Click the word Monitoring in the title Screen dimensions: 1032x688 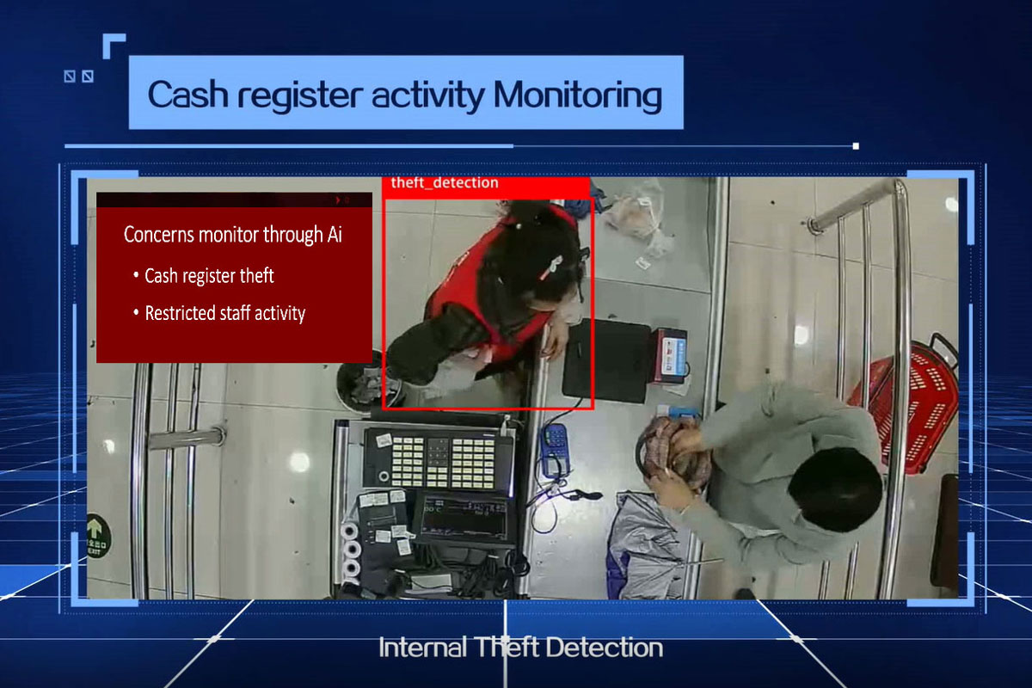pyautogui.click(x=578, y=95)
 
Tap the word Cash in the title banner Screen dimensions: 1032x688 pyautogui.click(x=188, y=95)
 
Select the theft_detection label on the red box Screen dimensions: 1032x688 pyautogui.click(x=445, y=183)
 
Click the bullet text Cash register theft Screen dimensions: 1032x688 pyautogui.click(x=209, y=275)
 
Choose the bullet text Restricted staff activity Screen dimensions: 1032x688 pyautogui.click(x=224, y=313)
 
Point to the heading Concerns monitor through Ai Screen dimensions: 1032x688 pyautogui.click(x=233, y=234)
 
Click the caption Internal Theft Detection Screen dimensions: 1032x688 pyautogui.click(x=520, y=648)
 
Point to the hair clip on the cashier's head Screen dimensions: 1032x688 pyautogui.click(x=551, y=268)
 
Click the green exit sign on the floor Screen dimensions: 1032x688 pyautogui.click(x=98, y=536)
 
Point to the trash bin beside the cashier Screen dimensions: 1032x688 pyautogui.click(x=364, y=383)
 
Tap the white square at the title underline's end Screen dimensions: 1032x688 pyautogui.click(x=856, y=146)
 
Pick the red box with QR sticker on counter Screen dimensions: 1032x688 pyautogui.click(x=670, y=356)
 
